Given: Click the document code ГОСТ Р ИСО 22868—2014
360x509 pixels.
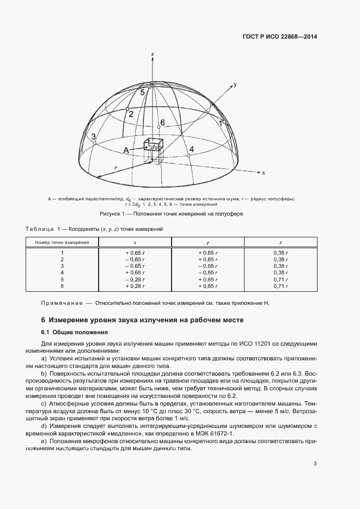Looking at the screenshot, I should tap(279, 37).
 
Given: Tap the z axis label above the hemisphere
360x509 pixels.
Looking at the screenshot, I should tap(153, 54).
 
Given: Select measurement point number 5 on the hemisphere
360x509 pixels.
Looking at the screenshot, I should tap(143, 93).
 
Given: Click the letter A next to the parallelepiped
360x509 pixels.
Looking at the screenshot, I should tap(126, 150).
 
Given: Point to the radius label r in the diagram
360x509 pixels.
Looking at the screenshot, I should tap(115, 168).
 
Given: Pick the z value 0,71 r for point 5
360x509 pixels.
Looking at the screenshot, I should tap(280, 279).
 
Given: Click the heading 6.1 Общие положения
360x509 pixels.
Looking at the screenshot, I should tap(72, 332).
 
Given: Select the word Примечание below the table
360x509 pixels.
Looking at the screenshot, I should tap(62, 303).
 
